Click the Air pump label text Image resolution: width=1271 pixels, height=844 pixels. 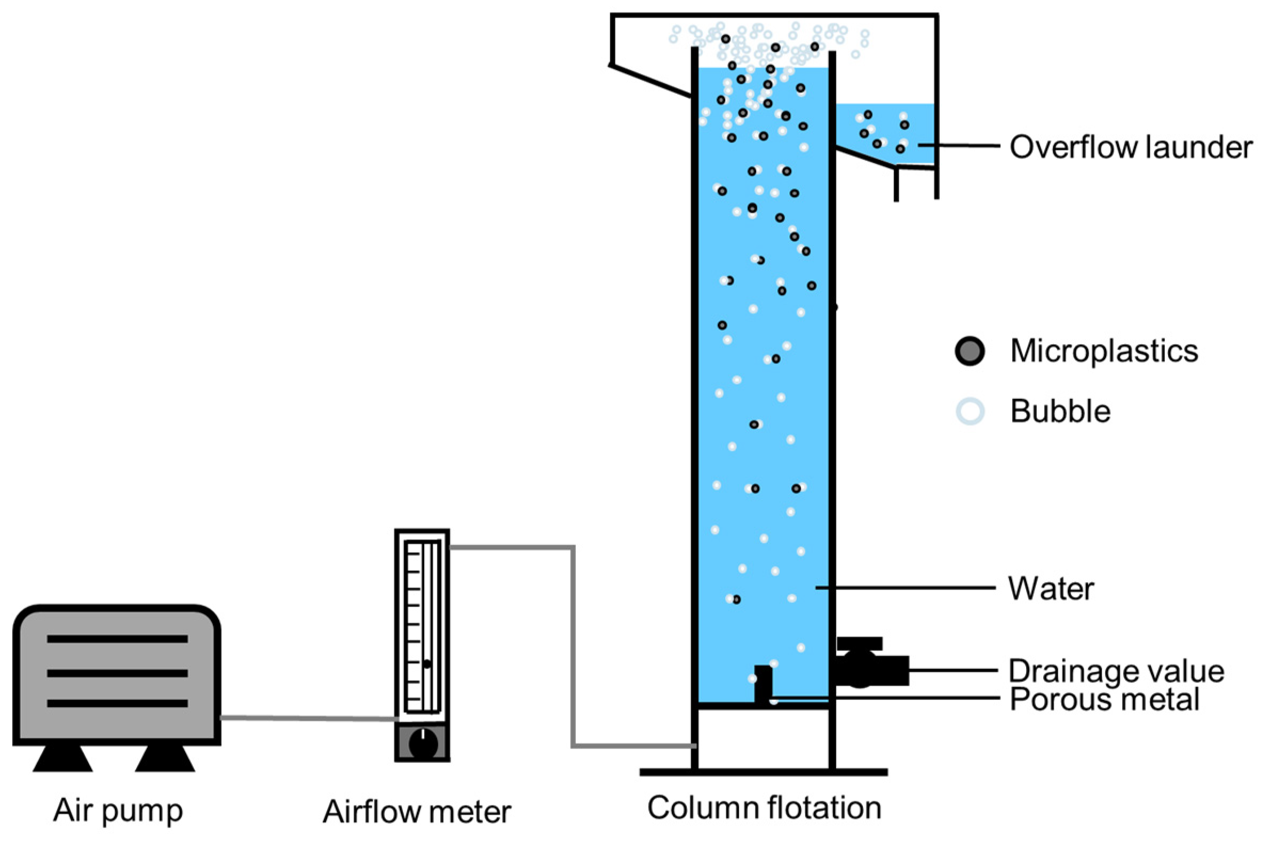coord(118,810)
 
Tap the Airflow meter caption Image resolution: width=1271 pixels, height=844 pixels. coord(417,812)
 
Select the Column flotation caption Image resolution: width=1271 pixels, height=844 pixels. coord(764,808)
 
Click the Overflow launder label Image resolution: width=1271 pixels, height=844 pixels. coord(1131,147)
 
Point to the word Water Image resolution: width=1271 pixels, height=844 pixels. coord(1051,589)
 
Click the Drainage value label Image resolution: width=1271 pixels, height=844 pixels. coord(1116,671)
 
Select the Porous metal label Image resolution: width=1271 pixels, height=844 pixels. coord(1105,700)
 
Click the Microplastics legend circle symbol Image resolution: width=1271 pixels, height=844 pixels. coord(970,352)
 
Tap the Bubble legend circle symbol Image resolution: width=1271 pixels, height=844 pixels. coord(970,412)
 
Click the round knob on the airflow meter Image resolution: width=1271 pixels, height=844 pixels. coord(423,744)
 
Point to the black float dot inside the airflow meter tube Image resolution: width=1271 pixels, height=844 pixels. coord(427,664)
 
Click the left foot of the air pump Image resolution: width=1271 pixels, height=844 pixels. coord(62,759)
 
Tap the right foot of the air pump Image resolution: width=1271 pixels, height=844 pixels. coord(165,759)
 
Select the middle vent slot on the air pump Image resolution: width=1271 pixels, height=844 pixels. coord(117,673)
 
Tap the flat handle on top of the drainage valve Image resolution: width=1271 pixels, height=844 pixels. coord(859,643)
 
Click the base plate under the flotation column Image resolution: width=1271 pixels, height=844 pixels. coord(764,772)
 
